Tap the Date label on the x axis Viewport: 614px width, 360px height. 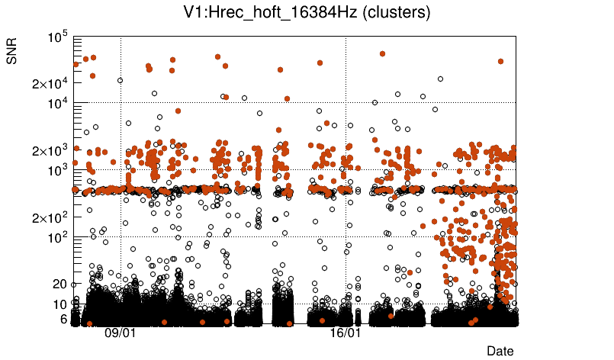[x=500, y=351]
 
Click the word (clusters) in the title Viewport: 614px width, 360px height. [x=389, y=12]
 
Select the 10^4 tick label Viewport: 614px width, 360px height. [x=58, y=103]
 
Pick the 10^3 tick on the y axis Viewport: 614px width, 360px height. [x=58, y=170]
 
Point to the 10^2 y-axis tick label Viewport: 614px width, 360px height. [x=58, y=238]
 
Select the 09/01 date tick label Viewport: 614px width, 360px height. [x=121, y=333]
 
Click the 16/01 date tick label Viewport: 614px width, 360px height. [x=346, y=333]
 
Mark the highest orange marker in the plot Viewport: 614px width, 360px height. [x=382, y=53]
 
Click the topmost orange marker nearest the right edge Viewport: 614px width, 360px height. [x=500, y=61]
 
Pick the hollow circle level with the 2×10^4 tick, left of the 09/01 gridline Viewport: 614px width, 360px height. [x=120, y=80]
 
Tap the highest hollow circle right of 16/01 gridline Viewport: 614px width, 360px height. [x=440, y=79]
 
